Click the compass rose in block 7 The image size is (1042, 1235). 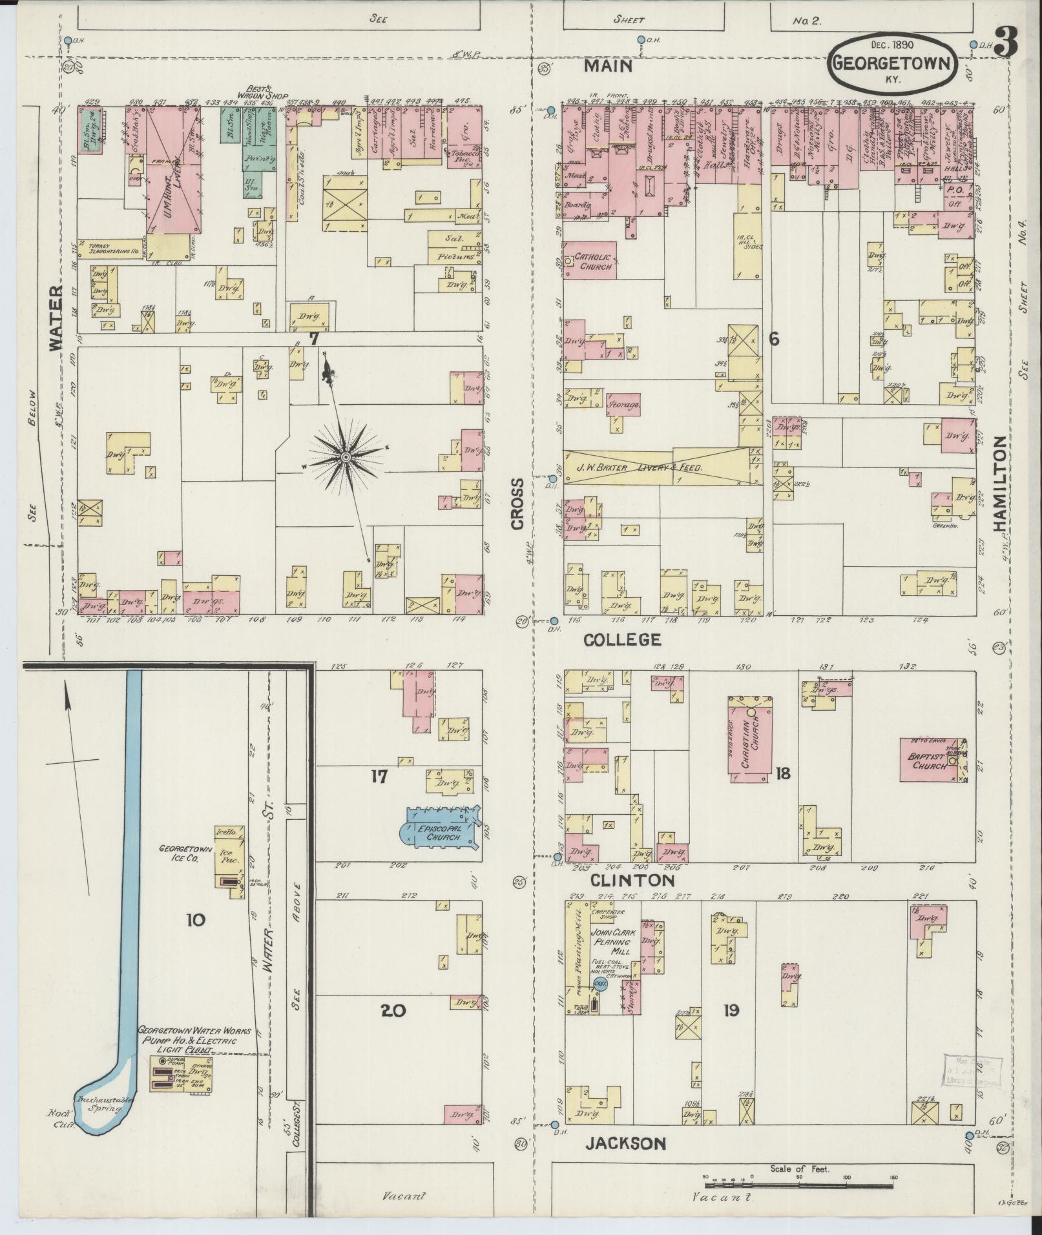(345, 457)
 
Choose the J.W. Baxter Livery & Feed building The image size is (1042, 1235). (652, 467)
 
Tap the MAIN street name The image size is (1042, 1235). (609, 66)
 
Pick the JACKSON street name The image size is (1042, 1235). (625, 1143)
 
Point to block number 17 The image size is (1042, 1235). (379, 776)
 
